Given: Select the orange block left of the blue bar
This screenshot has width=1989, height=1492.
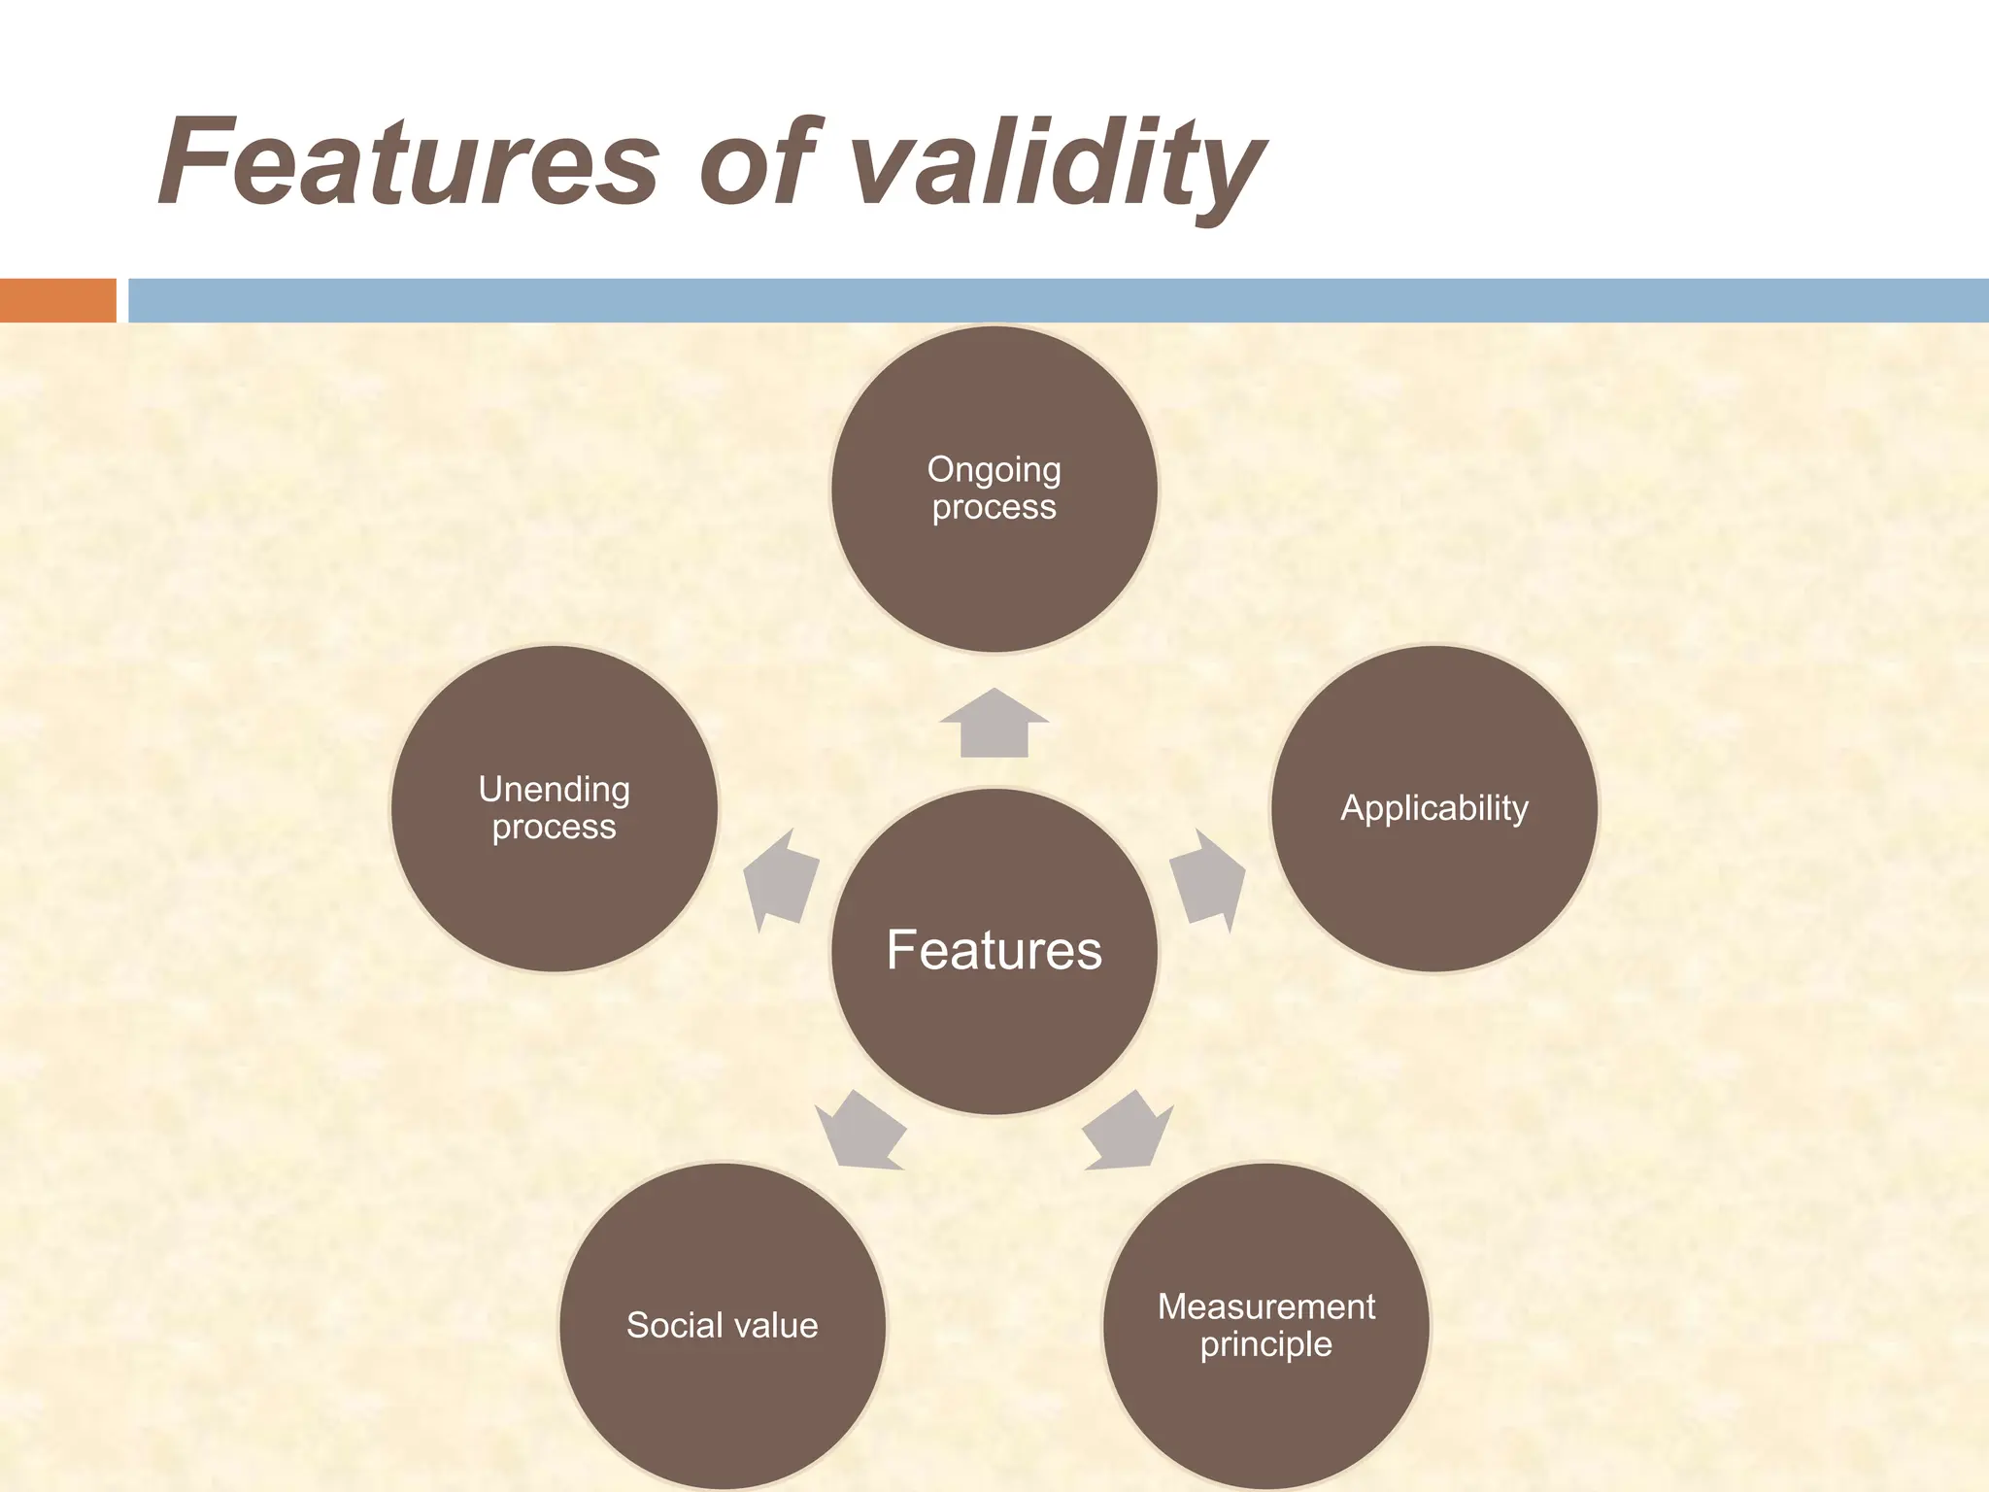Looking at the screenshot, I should (x=57, y=300).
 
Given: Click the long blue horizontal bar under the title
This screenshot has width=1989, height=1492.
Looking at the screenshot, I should (x=1059, y=300).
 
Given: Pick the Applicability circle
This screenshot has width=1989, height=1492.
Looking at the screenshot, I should (x=1433, y=874).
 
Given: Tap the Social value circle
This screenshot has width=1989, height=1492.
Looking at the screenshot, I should (x=722, y=1389).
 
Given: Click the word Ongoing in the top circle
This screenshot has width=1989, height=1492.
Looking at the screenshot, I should (x=994, y=470).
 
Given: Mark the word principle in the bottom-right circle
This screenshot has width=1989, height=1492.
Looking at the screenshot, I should (x=1265, y=1345).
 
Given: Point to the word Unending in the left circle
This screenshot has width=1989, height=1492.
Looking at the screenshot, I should (x=554, y=790).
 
